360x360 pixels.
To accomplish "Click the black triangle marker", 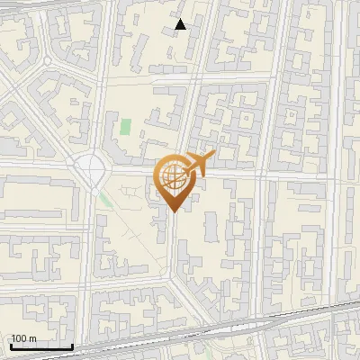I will point(181,24).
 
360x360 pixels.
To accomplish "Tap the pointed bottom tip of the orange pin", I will point(174,211).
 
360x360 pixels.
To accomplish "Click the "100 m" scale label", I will point(23,338).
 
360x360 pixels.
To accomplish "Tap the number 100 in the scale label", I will point(19,338).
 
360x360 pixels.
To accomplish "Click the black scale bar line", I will point(40,346).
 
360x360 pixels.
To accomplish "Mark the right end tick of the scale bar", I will point(72,345).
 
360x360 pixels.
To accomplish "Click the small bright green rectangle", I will point(125,127).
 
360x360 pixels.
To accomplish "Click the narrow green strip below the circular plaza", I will point(107,201).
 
